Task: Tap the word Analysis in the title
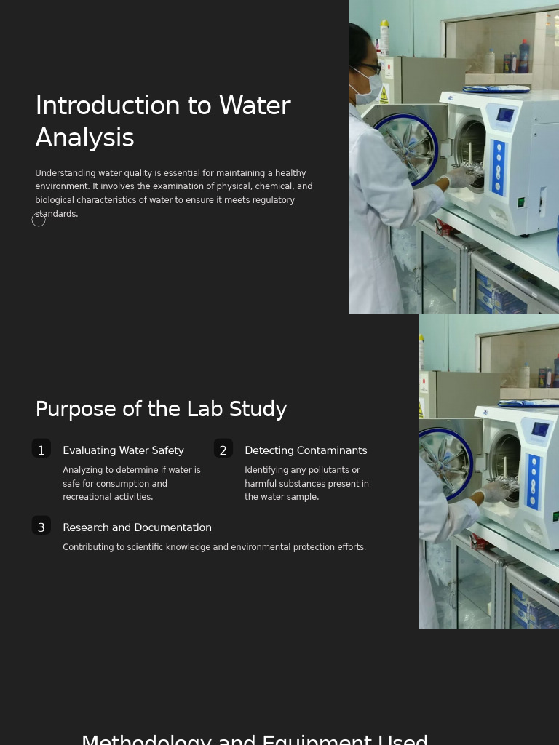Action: click(84, 138)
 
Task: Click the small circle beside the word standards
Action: click(39, 220)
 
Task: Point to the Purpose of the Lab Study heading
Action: click(161, 410)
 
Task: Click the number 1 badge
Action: click(41, 450)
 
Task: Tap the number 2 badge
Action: click(223, 450)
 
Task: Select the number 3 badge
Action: click(41, 527)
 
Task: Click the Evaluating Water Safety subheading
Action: click(123, 451)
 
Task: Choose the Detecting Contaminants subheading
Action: click(306, 451)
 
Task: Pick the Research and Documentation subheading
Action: click(137, 527)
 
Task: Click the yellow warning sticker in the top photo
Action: click(384, 95)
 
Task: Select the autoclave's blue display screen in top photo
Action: click(504, 114)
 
